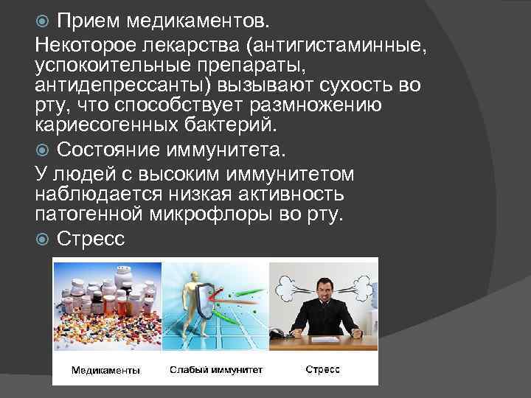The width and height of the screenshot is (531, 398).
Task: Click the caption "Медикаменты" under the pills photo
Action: pyautogui.click(x=105, y=369)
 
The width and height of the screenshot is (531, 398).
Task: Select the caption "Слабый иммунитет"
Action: pyautogui.click(x=214, y=369)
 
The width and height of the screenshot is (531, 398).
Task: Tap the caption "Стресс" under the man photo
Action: pyautogui.click(x=323, y=369)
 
